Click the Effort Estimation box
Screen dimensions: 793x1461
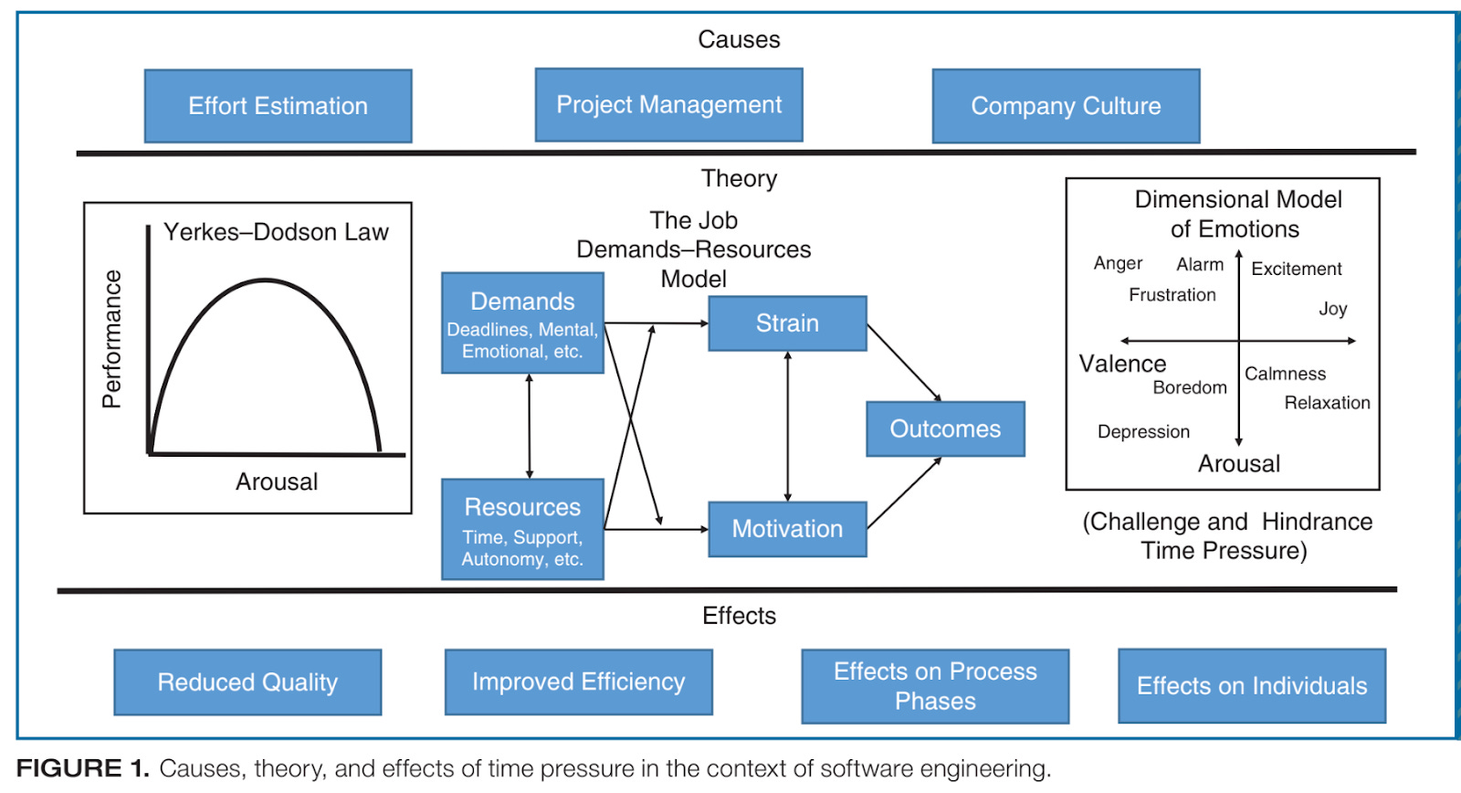[x=278, y=106]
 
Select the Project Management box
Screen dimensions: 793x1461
[x=668, y=105]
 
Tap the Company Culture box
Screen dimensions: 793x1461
[x=1066, y=106]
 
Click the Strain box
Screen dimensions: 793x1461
[x=787, y=323]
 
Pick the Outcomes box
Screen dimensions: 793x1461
[x=945, y=428]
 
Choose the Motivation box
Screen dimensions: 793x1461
[x=787, y=529]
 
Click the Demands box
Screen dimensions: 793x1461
[x=522, y=323]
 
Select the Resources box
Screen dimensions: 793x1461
[x=522, y=529]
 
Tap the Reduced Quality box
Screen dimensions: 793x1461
[x=247, y=682]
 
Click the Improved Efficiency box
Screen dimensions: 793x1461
[x=578, y=682]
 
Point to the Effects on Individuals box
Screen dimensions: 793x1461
[x=1252, y=686]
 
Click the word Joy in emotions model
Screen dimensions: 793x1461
[x=1332, y=309]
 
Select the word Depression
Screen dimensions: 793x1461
[x=1143, y=432]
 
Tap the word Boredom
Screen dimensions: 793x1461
[x=1189, y=387]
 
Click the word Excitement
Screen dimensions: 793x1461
[x=1296, y=269]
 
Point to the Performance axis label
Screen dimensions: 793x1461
[x=111, y=339]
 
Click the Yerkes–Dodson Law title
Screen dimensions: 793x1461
[x=276, y=232]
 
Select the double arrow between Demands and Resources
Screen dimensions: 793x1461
[x=530, y=426]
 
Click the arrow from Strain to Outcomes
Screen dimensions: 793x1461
[x=904, y=363]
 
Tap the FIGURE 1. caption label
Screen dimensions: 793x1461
[x=82, y=768]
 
